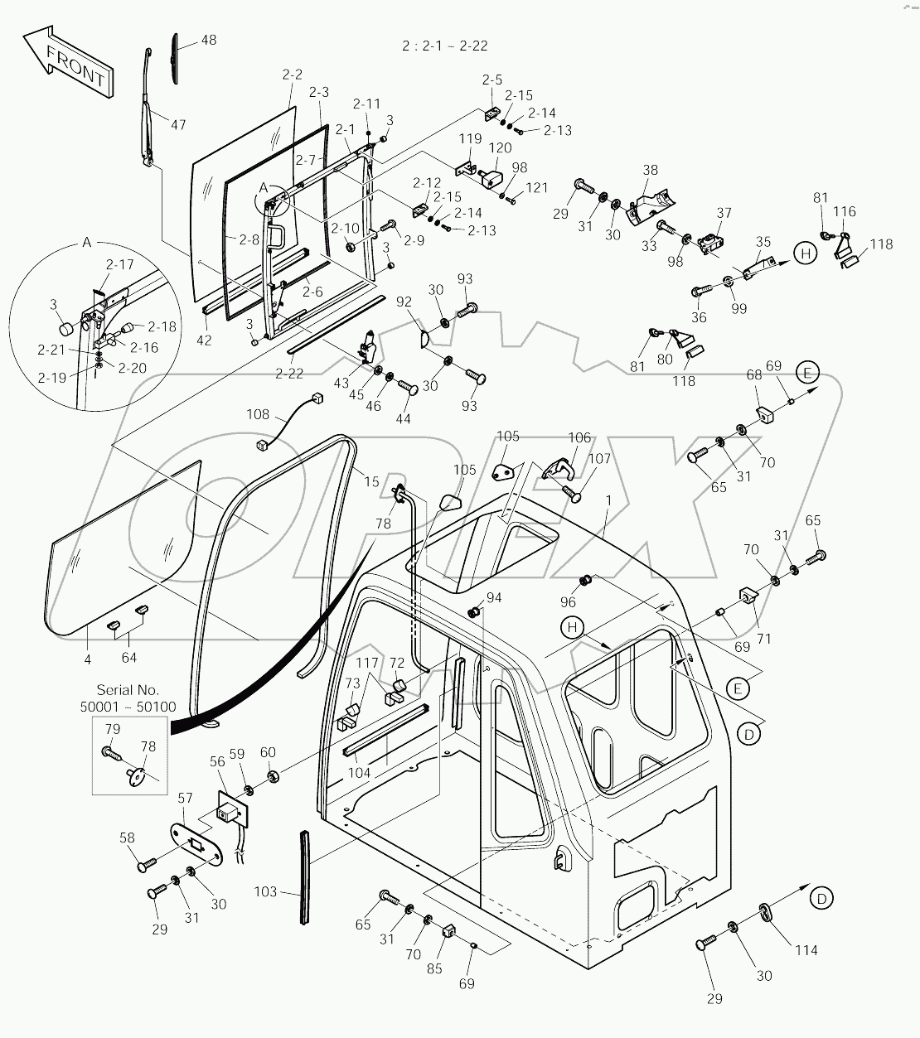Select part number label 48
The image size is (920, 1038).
point(209,40)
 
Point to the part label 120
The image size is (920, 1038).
point(501,147)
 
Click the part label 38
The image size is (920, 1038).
point(651,169)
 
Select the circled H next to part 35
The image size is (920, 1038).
point(805,253)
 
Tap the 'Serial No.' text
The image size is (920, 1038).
point(128,689)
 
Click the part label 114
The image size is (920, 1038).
point(805,949)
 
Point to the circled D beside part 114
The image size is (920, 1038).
point(821,897)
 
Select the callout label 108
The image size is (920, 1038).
point(259,413)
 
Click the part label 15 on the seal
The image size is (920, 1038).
point(371,481)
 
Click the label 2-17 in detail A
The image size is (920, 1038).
point(119,265)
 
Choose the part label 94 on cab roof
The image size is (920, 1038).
point(494,597)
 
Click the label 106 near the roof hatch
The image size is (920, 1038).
point(579,437)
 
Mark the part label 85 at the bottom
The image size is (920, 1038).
point(434,968)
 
